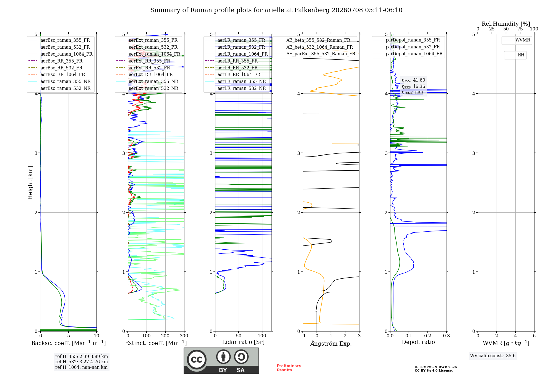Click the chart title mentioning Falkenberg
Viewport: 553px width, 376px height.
click(276, 10)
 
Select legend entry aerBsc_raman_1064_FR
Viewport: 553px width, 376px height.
click(60, 54)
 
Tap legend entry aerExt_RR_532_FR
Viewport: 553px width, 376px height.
click(143, 68)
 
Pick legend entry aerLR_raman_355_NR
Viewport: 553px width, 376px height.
click(235, 81)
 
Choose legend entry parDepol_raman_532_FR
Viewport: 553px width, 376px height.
click(407, 47)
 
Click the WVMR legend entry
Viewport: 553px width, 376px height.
click(517, 40)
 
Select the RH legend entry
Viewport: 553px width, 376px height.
click(515, 55)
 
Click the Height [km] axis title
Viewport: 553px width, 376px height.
click(30, 183)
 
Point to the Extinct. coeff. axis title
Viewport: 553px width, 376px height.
click(156, 343)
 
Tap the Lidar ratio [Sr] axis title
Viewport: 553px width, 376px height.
click(243, 342)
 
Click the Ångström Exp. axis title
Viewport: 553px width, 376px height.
click(331, 343)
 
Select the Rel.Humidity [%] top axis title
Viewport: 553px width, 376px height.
click(506, 24)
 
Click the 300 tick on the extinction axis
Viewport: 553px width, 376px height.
click(184, 336)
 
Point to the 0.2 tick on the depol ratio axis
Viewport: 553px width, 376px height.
click(428, 336)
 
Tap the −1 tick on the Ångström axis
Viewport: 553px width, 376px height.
click(303, 336)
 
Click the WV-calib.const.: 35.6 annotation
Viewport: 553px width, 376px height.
click(493, 356)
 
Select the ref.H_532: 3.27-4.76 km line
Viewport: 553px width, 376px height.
click(82, 362)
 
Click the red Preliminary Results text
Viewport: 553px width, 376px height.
click(289, 368)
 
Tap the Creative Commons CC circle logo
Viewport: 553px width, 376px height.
click(197, 359)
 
